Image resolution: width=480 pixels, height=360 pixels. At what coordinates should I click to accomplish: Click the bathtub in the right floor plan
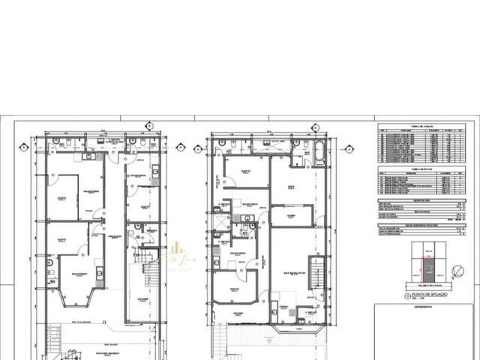319,153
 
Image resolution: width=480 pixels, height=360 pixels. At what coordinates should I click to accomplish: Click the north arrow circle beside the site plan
457,272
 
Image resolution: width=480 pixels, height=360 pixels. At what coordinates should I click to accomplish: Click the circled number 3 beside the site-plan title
406,295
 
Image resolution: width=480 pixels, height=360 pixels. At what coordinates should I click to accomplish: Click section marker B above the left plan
149,125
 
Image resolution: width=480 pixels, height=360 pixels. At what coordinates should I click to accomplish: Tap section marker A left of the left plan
24,148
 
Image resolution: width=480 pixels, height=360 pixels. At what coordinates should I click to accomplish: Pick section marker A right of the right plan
349,149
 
